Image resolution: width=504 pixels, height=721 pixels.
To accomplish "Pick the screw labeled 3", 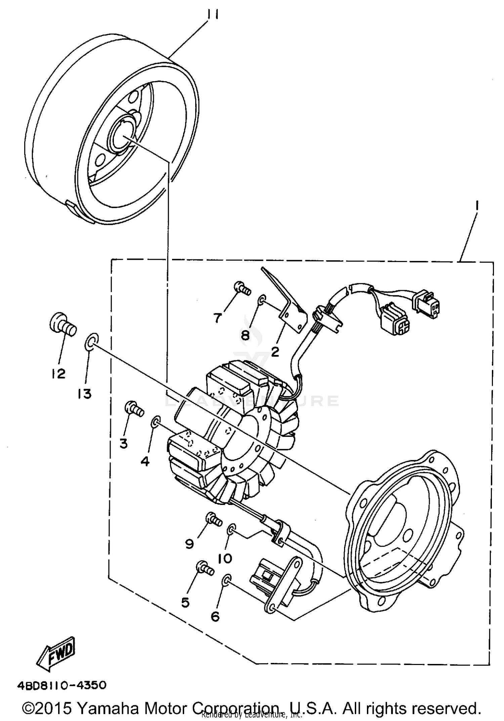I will click(x=133, y=408).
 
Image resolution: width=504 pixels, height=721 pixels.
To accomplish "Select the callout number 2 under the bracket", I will click(x=275, y=352).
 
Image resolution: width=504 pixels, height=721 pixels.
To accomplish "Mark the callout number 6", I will click(x=215, y=616).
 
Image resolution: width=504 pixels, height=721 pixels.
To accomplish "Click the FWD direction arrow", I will click(x=57, y=652).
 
